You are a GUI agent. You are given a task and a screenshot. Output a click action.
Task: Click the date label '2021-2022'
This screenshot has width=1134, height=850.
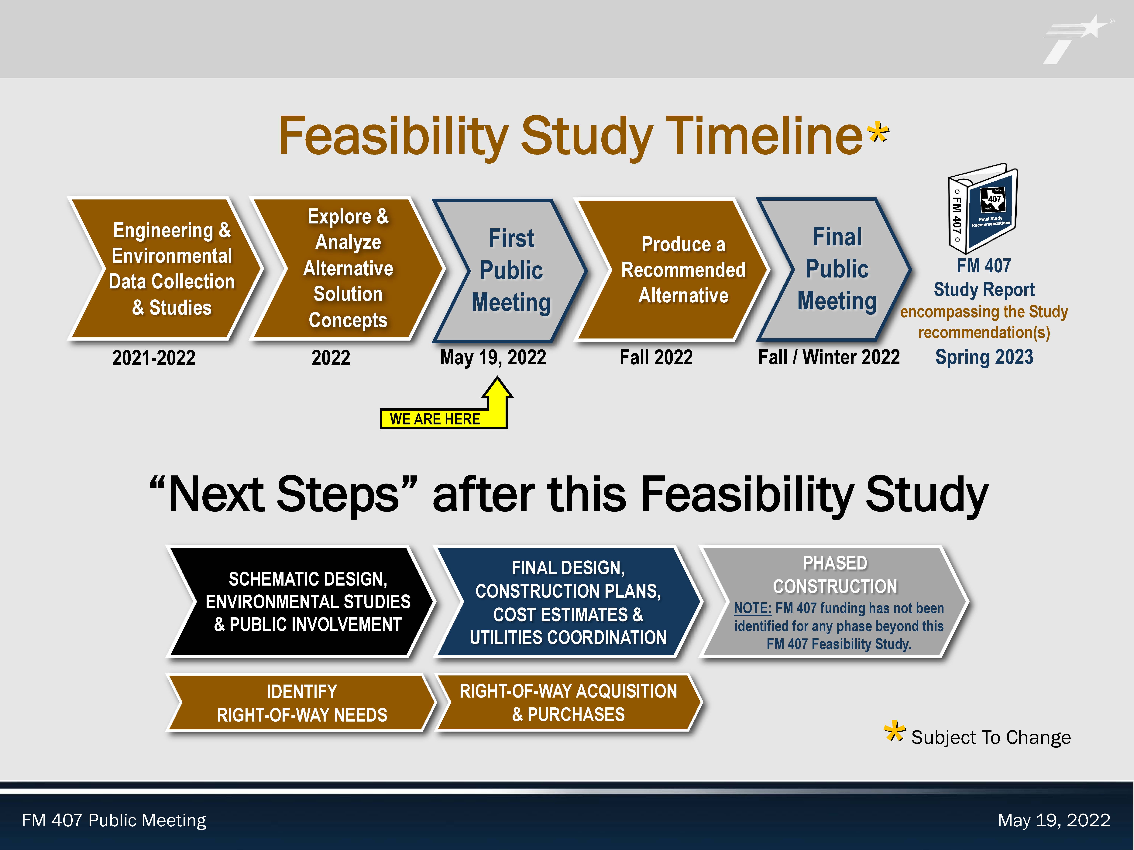pyautogui.click(x=154, y=358)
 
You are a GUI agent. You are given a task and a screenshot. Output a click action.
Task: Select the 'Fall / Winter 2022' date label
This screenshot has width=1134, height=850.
pyautogui.click(x=829, y=357)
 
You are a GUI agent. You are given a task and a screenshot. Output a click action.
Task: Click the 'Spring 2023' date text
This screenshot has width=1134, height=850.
pyautogui.click(x=984, y=357)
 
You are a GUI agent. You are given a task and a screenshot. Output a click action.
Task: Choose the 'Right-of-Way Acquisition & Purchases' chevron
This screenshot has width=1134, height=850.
pyautogui.click(x=568, y=702)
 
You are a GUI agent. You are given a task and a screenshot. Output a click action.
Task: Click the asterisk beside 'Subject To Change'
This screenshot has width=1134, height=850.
pyautogui.click(x=895, y=732)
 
